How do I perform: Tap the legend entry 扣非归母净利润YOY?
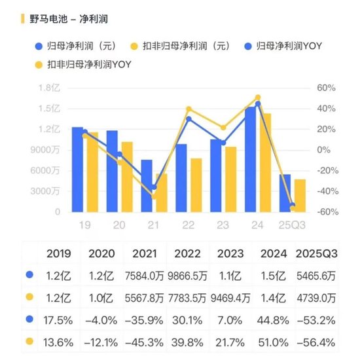pos(84,64)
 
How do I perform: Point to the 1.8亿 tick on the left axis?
pos(49,88)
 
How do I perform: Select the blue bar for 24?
pos(250,160)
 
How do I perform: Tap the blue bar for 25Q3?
pos(285,193)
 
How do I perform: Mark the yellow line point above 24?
pos(258,98)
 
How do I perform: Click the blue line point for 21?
pos(154,187)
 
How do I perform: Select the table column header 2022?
pos(187,253)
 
